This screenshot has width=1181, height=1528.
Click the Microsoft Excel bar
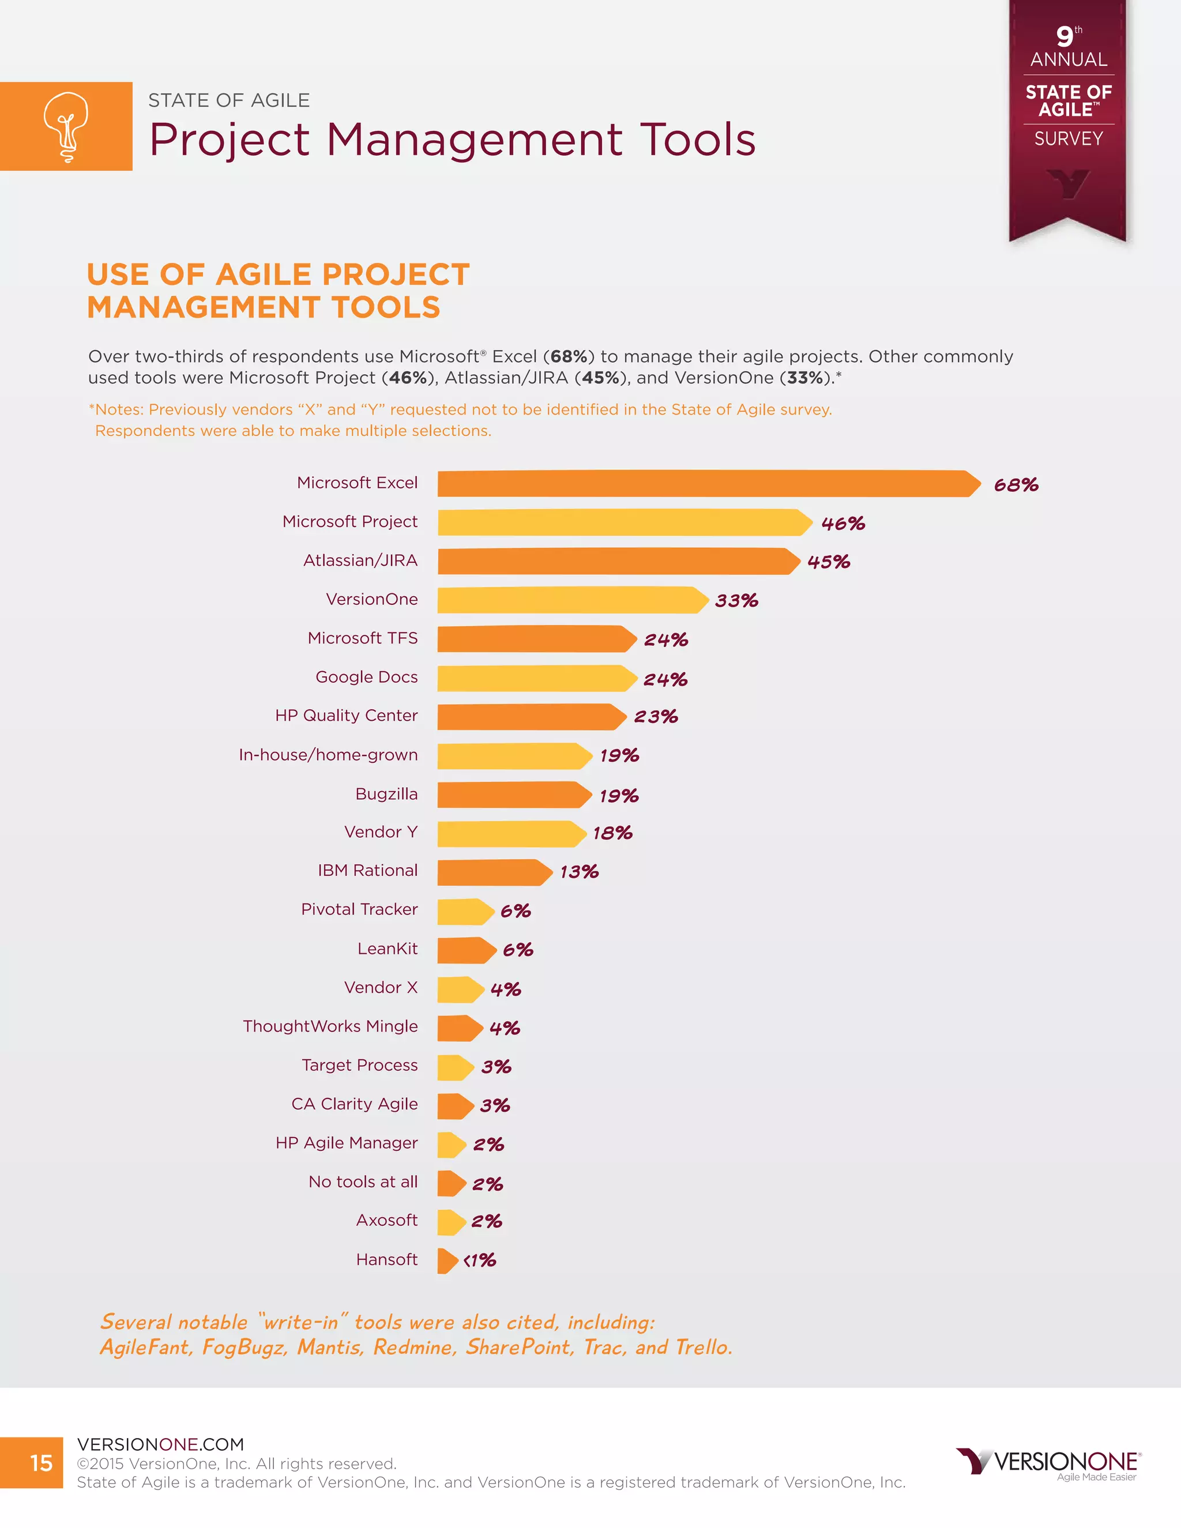706,483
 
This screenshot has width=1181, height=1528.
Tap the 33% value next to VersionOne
736,600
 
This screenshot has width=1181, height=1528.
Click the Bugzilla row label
386,793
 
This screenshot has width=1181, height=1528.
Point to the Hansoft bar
446,1260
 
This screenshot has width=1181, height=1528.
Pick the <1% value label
480,1260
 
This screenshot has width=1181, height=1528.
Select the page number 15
42,1463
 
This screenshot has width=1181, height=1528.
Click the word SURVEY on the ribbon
1067,138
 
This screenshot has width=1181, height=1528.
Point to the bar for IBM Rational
493,872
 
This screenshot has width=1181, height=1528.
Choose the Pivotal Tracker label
359,909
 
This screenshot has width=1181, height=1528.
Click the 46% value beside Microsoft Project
843,524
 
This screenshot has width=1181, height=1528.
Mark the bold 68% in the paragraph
568,356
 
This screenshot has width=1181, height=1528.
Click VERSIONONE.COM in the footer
160,1444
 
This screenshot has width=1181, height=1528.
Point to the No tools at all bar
450,1183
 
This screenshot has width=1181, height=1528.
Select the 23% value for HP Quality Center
656,716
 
